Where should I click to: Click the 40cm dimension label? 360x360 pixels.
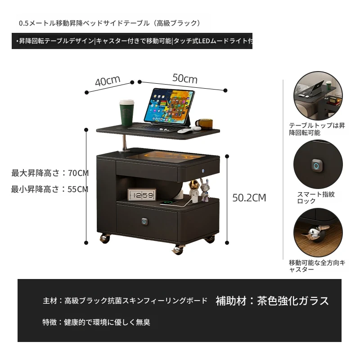[108, 81]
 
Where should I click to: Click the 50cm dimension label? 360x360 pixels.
[185, 78]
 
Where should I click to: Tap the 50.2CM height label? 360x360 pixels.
[249, 198]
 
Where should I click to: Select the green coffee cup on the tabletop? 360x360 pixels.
[126, 113]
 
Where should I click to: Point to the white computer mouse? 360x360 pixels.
[185, 131]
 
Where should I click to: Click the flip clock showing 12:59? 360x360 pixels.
[142, 195]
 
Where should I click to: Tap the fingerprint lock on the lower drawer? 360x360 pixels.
[144, 221]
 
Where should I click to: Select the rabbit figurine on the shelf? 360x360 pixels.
[205, 190]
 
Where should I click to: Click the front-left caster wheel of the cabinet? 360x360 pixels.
[105, 238]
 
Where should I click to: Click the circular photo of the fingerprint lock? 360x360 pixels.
[318, 165]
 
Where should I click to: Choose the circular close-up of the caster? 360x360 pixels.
[318, 233]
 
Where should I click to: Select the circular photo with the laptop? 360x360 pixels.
[318, 96]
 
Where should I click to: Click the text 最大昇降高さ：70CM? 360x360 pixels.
[50, 173]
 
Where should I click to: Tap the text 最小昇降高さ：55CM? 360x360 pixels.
[49, 189]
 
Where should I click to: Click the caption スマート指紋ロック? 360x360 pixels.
[316, 198]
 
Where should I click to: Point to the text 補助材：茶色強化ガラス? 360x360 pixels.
[272, 301]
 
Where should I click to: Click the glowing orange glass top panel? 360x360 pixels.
[166, 157]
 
